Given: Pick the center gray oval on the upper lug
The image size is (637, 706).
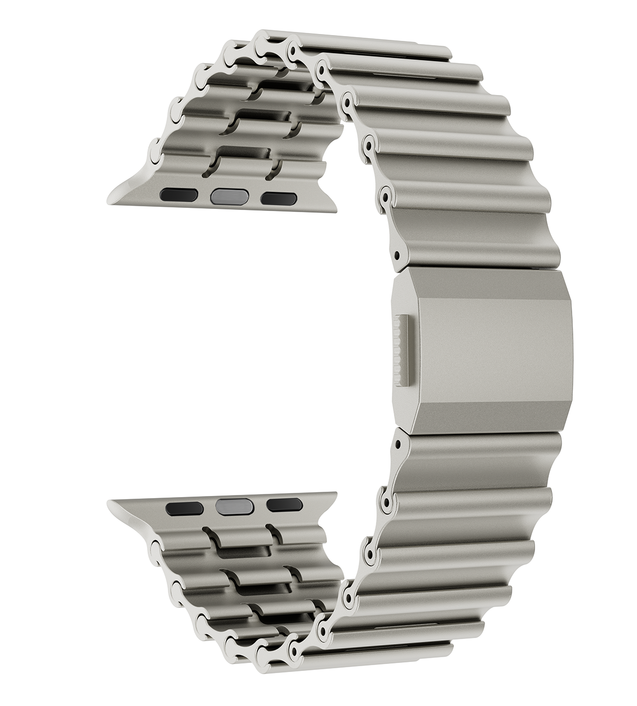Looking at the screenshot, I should (x=229, y=197).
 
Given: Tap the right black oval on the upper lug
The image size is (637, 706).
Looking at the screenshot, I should (x=278, y=198).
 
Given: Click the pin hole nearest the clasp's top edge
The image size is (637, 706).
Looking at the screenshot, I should (x=398, y=255).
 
